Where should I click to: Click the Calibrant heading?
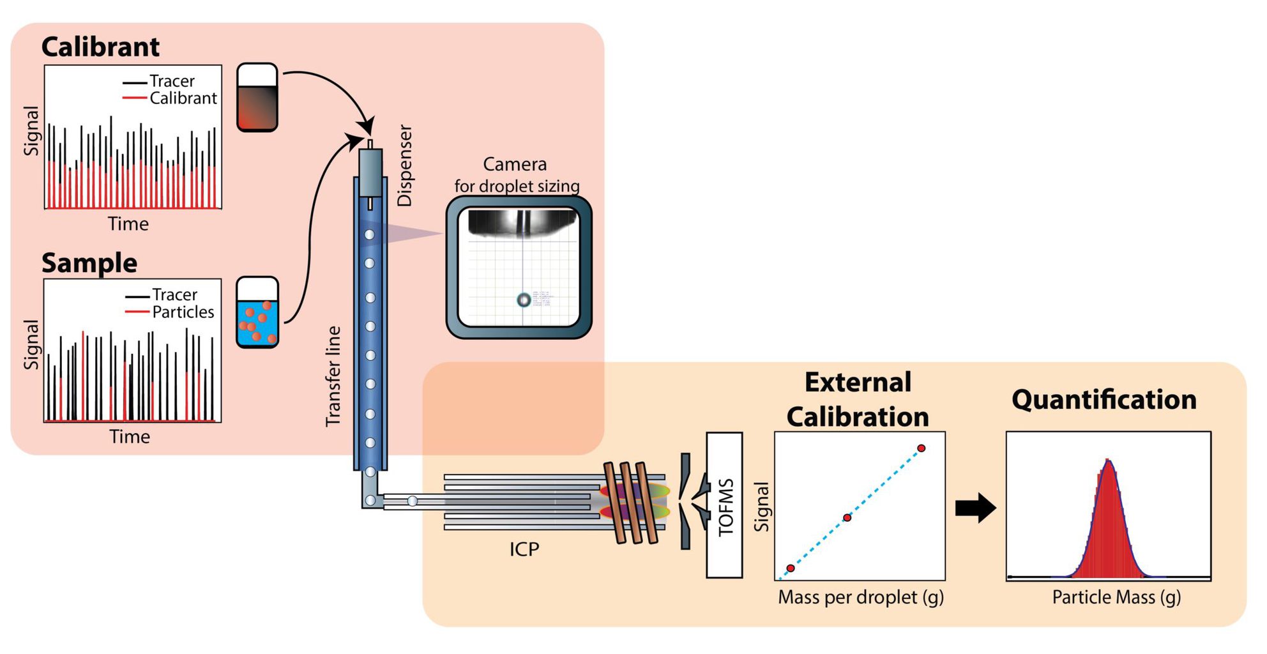(x=100, y=47)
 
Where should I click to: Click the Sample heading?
(x=89, y=263)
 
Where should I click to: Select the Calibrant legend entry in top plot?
(x=183, y=98)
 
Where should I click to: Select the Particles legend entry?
(x=183, y=312)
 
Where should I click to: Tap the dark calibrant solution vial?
(x=257, y=98)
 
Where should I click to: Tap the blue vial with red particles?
(x=257, y=313)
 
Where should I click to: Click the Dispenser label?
(x=405, y=165)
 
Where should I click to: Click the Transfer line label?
(x=333, y=376)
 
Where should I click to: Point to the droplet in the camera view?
(x=523, y=300)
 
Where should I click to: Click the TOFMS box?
(x=724, y=505)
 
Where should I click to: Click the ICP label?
(x=524, y=549)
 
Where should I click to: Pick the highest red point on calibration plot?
(x=921, y=448)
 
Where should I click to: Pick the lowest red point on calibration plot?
(x=791, y=568)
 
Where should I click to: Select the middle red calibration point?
(x=847, y=517)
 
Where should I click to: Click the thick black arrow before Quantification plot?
(x=975, y=508)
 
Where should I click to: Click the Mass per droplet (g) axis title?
(x=860, y=597)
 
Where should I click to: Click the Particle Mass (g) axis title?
(x=1116, y=597)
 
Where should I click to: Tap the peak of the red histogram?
(x=1108, y=461)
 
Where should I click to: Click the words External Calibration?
(x=858, y=400)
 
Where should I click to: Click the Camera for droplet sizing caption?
(x=516, y=175)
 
